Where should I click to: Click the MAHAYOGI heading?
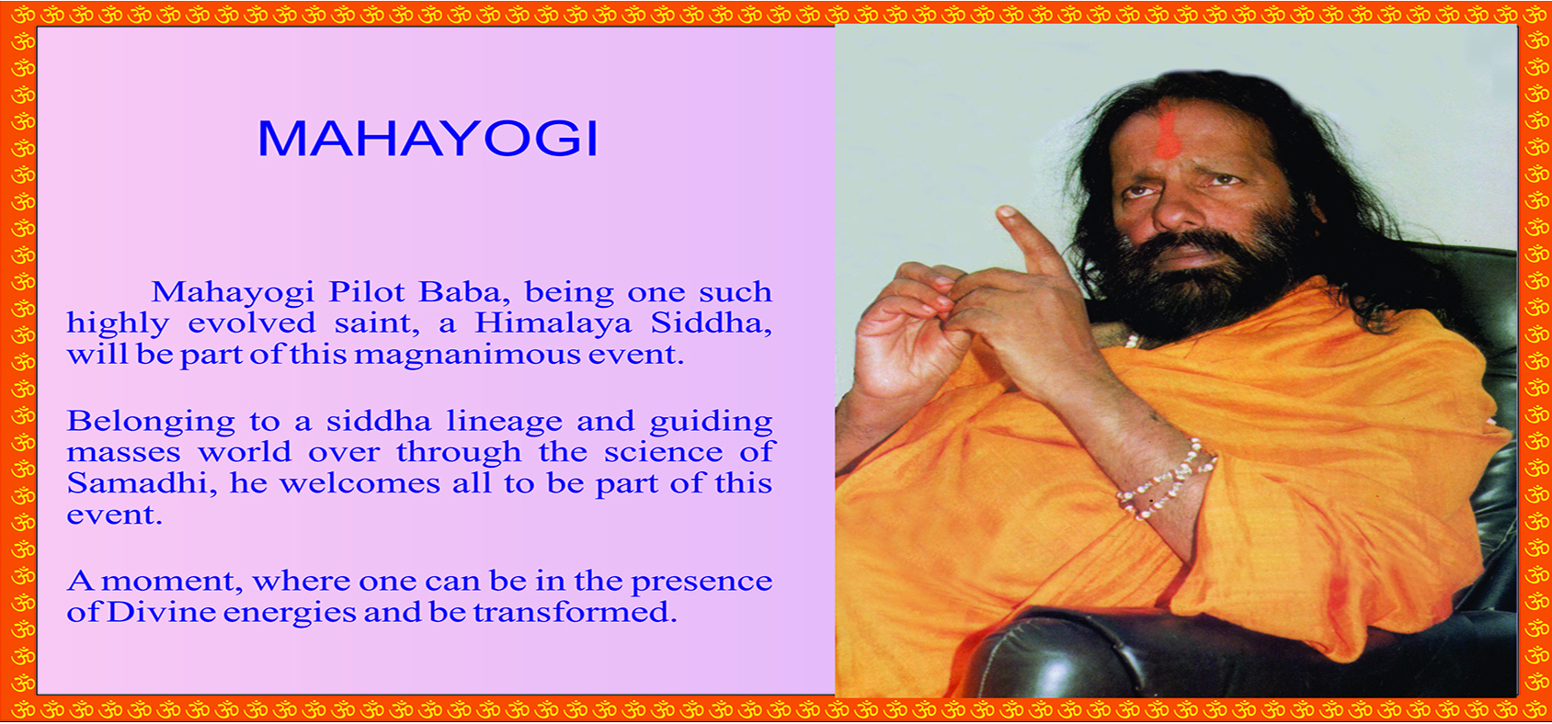pyautogui.click(x=428, y=139)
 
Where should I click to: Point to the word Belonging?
pyautogui.click(x=151, y=423)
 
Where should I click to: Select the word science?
pyautogui.click(x=663, y=453)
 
